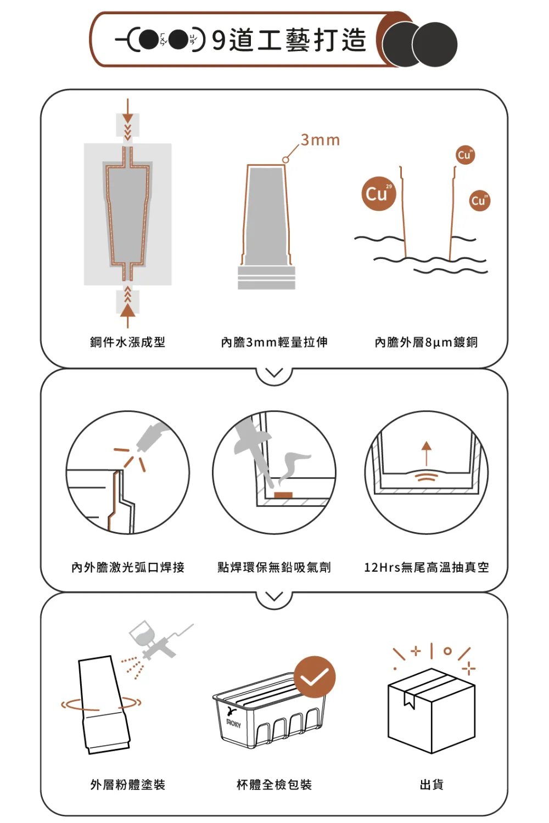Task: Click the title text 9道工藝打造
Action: point(289,40)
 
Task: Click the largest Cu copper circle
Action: point(379,193)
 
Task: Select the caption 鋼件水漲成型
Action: point(127,342)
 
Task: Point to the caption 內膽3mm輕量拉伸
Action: point(274,342)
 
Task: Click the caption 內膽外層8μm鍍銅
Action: point(426,342)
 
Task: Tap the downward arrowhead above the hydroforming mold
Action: point(127,117)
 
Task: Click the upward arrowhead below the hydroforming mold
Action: point(127,311)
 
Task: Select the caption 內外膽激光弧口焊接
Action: point(127,567)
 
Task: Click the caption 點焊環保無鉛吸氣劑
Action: point(274,567)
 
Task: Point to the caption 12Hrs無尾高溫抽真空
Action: point(427,567)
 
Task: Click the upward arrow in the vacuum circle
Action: point(426,453)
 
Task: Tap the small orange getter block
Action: point(283,495)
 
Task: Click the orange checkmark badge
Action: point(315,677)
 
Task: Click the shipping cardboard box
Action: point(432,711)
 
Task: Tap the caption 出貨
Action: point(432,785)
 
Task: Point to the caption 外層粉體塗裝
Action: point(127,785)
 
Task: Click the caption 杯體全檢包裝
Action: point(274,785)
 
